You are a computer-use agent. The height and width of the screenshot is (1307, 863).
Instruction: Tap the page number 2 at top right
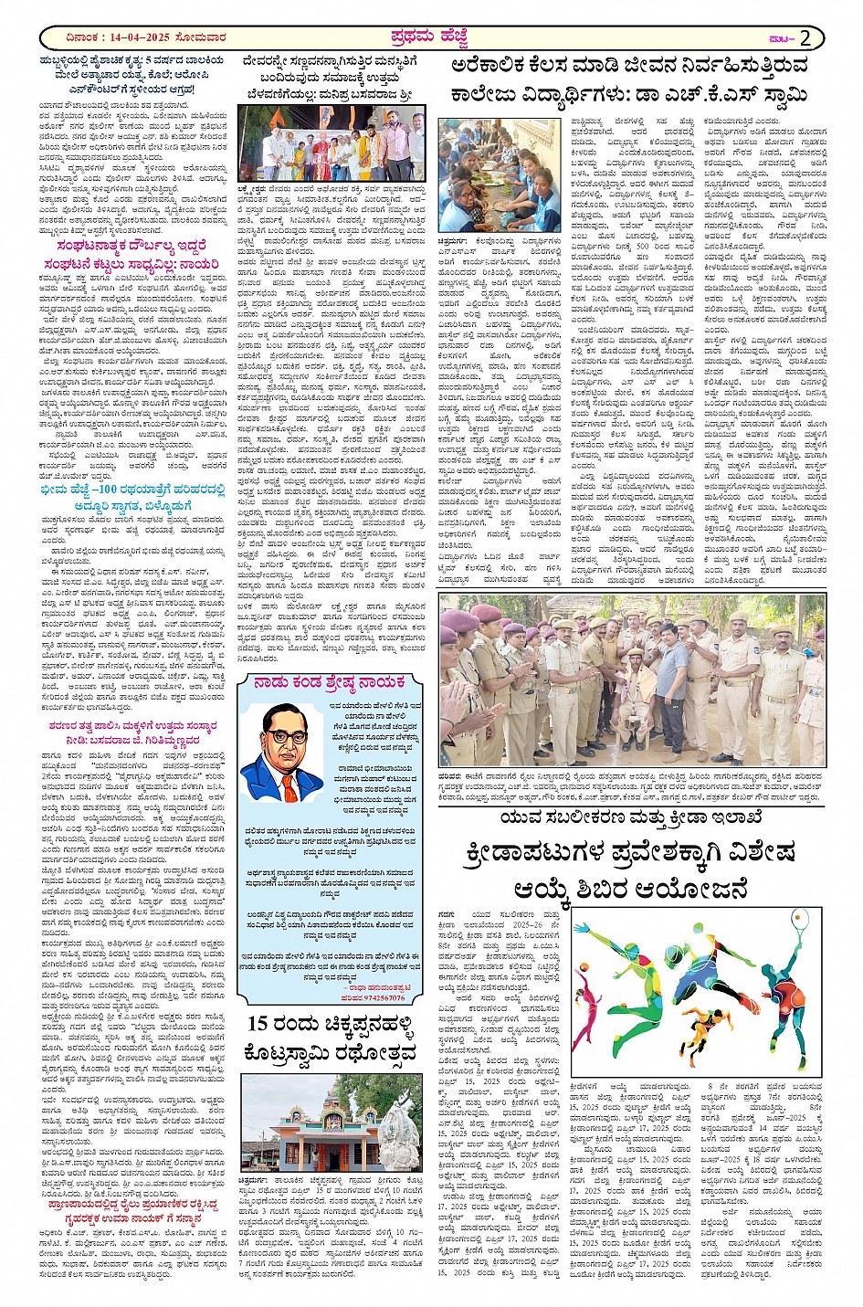pyautogui.click(x=805, y=37)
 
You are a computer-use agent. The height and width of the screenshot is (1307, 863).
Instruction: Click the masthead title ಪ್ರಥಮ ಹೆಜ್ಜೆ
pyautogui.click(x=430, y=37)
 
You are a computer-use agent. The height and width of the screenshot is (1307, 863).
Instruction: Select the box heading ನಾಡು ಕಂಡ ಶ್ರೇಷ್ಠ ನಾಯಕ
pyautogui.click(x=330, y=682)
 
